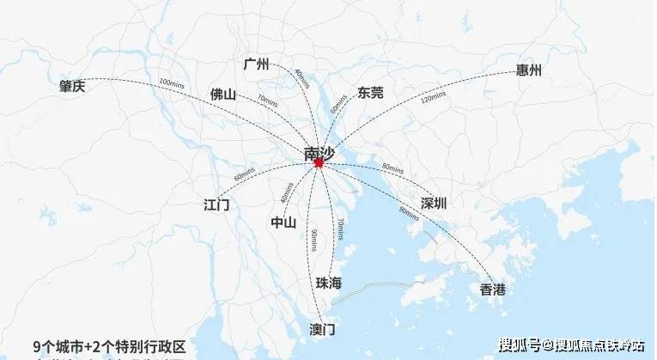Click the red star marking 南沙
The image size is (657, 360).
click(x=319, y=162)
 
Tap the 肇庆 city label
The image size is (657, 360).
click(x=73, y=86)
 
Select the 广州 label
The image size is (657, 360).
click(x=256, y=64)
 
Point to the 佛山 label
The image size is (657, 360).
click(x=222, y=94)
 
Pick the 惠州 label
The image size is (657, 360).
click(x=529, y=70)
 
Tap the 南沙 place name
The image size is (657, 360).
click(x=320, y=152)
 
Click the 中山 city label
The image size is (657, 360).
click(x=283, y=223)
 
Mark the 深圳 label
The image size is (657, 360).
click(x=434, y=204)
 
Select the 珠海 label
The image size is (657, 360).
click(x=329, y=283)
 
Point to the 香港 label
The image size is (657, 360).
click(x=493, y=290)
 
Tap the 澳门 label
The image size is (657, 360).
click(x=322, y=329)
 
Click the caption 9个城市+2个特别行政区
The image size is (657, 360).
click(x=108, y=345)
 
